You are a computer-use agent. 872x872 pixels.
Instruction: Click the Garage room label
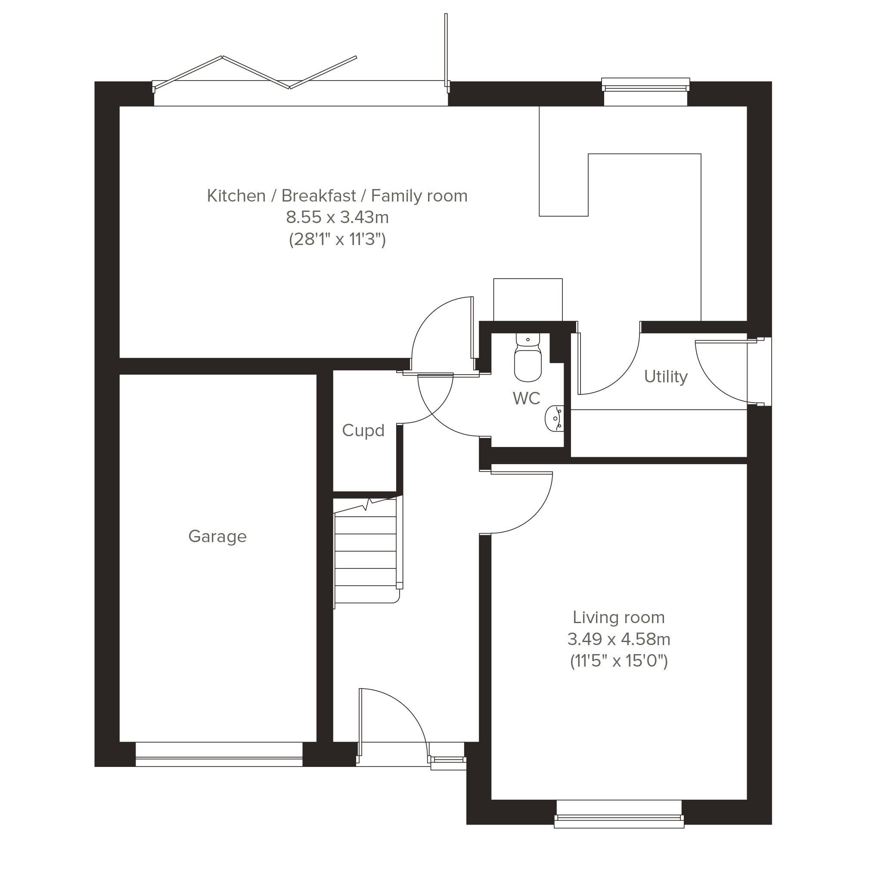coord(217,537)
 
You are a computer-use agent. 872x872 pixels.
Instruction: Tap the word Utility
coord(666,376)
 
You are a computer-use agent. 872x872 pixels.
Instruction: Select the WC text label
coord(526,398)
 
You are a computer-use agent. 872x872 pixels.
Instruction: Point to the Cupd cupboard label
coord(363,431)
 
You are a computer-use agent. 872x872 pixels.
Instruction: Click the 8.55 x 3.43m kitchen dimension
coord(337,217)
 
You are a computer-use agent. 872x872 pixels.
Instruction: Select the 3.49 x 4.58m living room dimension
coord(619,639)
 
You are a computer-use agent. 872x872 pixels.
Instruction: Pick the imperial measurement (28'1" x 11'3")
coord(337,239)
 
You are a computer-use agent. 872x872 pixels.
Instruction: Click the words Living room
coord(619,618)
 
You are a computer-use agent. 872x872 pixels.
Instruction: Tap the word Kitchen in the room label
coord(236,196)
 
